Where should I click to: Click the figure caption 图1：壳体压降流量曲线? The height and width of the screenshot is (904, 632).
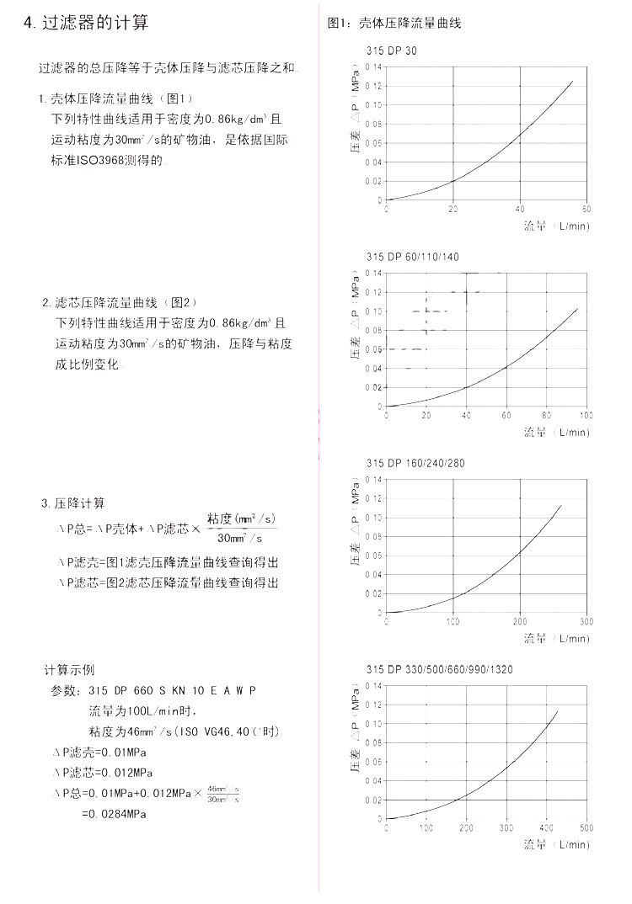click(x=394, y=24)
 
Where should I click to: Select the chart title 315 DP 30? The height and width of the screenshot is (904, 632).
click(x=391, y=51)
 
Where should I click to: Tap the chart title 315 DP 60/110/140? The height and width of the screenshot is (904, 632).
click(x=413, y=257)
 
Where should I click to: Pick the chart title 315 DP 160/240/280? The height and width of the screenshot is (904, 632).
click(x=415, y=463)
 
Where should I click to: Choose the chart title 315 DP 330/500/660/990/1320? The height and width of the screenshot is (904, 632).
click(x=439, y=669)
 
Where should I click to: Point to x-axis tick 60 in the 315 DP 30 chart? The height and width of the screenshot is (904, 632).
click(x=586, y=209)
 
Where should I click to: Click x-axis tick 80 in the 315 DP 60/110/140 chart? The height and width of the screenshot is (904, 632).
click(x=546, y=415)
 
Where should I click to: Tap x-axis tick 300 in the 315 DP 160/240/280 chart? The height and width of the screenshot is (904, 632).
click(x=586, y=621)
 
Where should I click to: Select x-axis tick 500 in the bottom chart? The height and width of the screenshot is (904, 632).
click(x=586, y=827)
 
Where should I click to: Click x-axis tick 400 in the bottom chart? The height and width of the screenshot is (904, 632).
click(x=546, y=827)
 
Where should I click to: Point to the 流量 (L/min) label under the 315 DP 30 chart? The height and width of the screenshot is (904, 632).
click(x=556, y=226)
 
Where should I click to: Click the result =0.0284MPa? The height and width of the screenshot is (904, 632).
click(x=114, y=814)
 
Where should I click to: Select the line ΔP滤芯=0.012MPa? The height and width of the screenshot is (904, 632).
click(x=102, y=772)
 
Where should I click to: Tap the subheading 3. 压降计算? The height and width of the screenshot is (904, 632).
click(x=73, y=503)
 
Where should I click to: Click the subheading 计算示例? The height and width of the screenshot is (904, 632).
click(x=69, y=670)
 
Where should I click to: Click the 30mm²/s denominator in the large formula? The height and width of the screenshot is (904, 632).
click(x=240, y=538)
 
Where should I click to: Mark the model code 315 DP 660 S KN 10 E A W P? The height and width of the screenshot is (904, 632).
click(x=172, y=690)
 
